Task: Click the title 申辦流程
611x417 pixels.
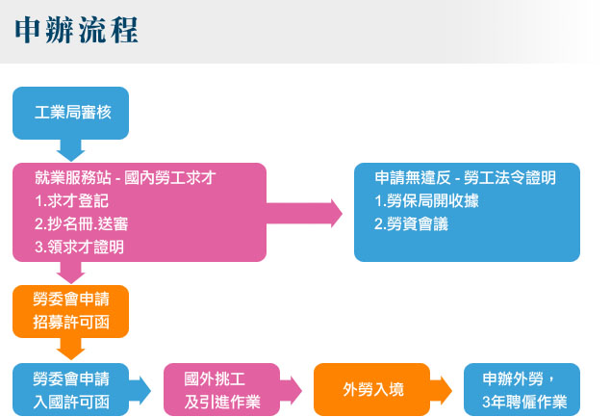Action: click(x=77, y=30)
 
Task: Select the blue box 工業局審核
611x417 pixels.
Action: click(x=72, y=113)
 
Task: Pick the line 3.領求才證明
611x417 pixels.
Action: click(x=78, y=247)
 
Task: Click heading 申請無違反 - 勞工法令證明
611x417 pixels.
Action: click(x=466, y=178)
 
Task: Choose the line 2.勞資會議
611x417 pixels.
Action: click(x=412, y=223)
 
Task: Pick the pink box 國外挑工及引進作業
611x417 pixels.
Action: click(x=222, y=389)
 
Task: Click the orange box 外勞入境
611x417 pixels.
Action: click(x=372, y=389)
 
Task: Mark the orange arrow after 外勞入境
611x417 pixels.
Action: click(x=442, y=389)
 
